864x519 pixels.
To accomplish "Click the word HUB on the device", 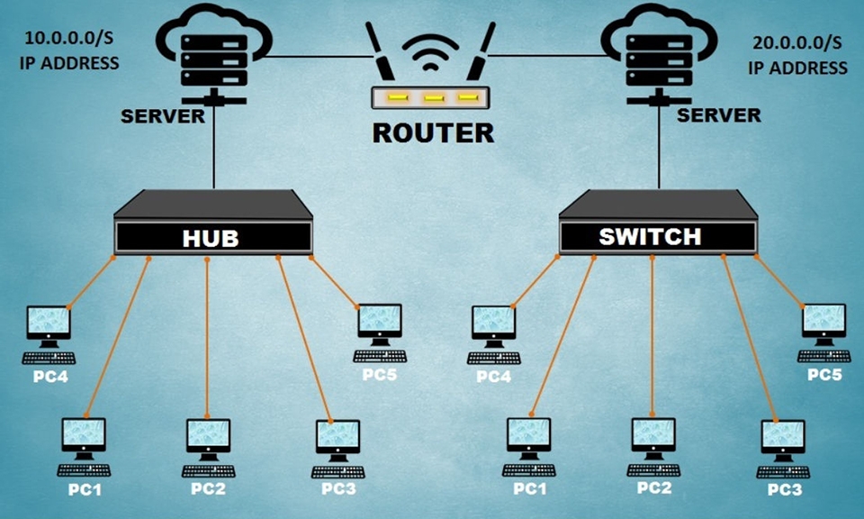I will click(213, 238).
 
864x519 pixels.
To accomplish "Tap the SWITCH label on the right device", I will click(650, 236).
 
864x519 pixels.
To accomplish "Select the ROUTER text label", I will click(433, 133).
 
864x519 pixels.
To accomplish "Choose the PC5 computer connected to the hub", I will click(379, 330).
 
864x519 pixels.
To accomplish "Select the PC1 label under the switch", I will click(529, 488).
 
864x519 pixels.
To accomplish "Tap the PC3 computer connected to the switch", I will click(782, 446).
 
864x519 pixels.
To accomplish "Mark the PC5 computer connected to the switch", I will click(823, 330).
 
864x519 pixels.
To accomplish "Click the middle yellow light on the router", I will click(433, 97).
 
